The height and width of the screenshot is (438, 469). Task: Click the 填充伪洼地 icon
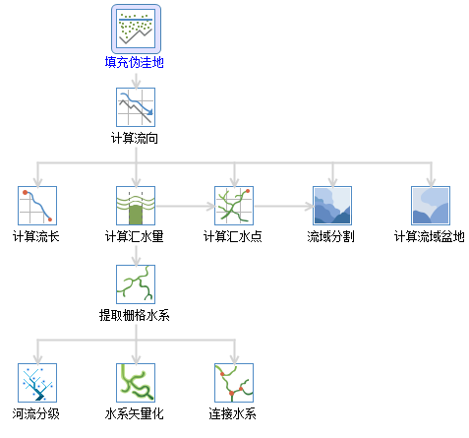tap(136, 29)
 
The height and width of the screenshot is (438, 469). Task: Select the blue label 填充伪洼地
tap(135, 62)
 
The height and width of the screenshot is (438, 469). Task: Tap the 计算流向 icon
tap(136, 107)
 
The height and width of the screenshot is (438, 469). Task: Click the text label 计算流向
tap(135, 138)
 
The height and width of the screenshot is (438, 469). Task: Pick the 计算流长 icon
tap(37, 206)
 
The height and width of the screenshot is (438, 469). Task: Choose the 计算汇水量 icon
tap(136, 206)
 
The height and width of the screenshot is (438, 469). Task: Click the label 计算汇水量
tap(135, 236)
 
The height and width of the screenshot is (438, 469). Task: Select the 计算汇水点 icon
tap(234, 206)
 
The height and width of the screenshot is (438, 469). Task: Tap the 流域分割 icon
tap(332, 206)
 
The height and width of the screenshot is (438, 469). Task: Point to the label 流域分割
tap(331, 236)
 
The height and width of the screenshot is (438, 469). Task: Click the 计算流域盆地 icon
tap(431, 206)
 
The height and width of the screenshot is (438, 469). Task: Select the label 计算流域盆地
tap(430, 236)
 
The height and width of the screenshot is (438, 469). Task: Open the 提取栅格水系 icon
tap(136, 284)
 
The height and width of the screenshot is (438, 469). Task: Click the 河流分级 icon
tap(37, 383)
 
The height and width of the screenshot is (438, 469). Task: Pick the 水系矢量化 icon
tap(136, 383)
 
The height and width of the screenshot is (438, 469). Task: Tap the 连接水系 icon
tap(234, 383)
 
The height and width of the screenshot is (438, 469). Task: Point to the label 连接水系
tap(233, 413)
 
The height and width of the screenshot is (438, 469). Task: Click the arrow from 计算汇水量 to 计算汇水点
tap(186, 207)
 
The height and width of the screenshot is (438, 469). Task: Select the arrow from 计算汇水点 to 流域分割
tap(284, 207)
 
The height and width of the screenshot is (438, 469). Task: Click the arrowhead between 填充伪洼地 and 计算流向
tap(136, 84)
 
